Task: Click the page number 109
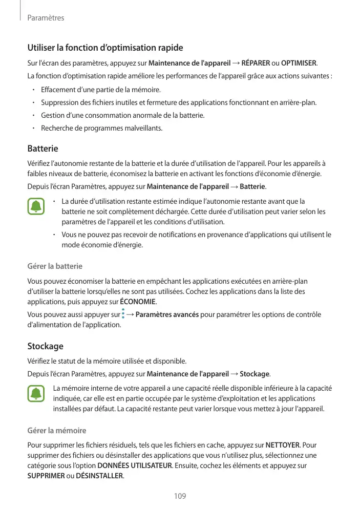point(180,496)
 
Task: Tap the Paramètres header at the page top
point(46,18)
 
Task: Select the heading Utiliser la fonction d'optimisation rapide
point(105,48)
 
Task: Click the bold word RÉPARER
point(256,63)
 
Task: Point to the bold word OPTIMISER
point(299,63)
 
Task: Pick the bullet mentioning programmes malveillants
point(101,128)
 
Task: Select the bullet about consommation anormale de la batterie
point(122,115)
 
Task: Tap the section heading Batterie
point(43,149)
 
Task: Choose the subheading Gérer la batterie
point(55,266)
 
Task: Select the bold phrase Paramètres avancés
point(168,314)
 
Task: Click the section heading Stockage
point(45,346)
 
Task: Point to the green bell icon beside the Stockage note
point(36,394)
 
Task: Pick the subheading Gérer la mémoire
point(56,430)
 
